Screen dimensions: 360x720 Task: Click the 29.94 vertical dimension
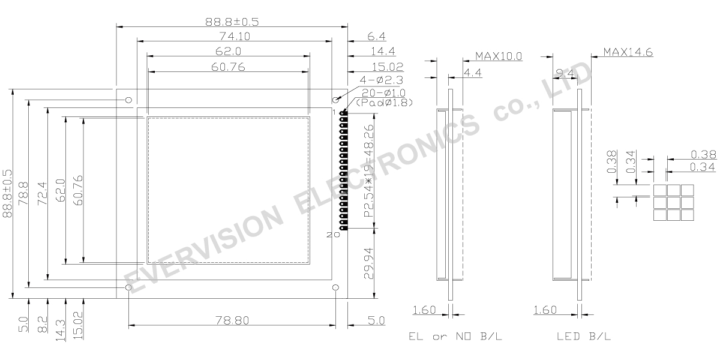[x=370, y=263]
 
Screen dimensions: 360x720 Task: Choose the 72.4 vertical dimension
[x=42, y=194]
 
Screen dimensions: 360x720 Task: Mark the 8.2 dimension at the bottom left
[x=42, y=325]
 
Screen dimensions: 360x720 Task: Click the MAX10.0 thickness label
[x=499, y=56]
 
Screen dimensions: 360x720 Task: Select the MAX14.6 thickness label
[x=628, y=52]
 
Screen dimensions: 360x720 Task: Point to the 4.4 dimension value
[x=473, y=73]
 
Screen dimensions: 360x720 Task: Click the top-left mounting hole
[x=128, y=100]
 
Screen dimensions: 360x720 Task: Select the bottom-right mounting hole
[x=336, y=289]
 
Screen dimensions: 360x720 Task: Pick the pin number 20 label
[x=333, y=235]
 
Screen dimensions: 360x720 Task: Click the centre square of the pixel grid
[x=673, y=203]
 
